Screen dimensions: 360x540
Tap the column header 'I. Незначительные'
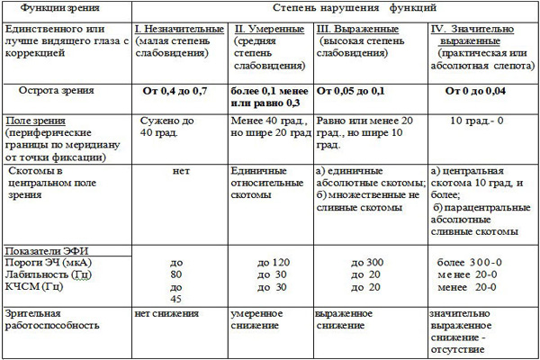178,30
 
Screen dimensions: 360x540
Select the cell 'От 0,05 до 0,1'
356,92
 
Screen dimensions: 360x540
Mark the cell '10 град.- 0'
478,120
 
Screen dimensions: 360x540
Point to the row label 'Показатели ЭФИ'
49,250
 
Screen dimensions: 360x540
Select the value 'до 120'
273,263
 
